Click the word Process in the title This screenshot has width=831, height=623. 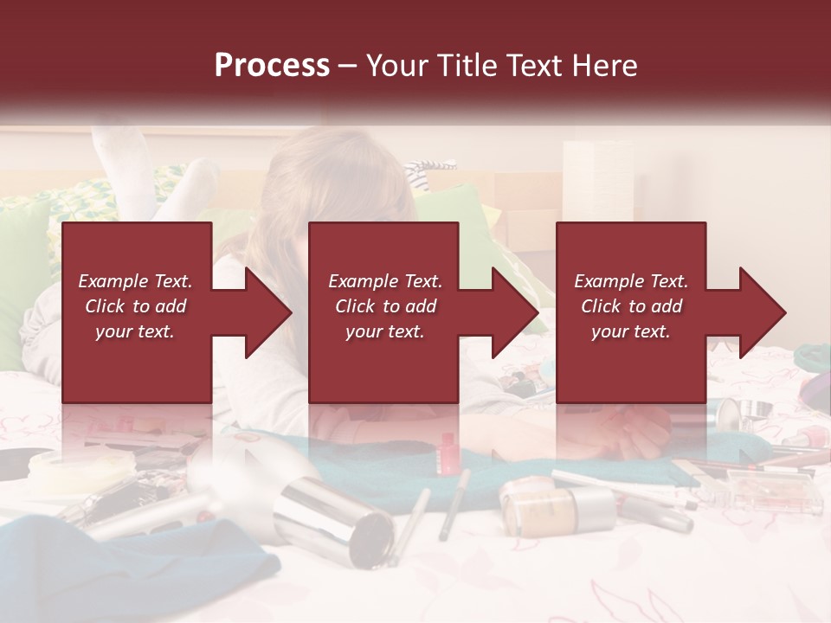(x=272, y=65)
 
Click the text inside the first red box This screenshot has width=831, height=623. (x=135, y=306)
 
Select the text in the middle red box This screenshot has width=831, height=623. (x=385, y=306)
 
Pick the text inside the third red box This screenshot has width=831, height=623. (x=631, y=306)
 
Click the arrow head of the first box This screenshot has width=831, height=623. (x=268, y=312)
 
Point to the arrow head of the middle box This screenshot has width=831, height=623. (x=515, y=312)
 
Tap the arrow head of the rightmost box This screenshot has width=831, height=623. (x=763, y=312)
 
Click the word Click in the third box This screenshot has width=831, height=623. (x=599, y=306)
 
